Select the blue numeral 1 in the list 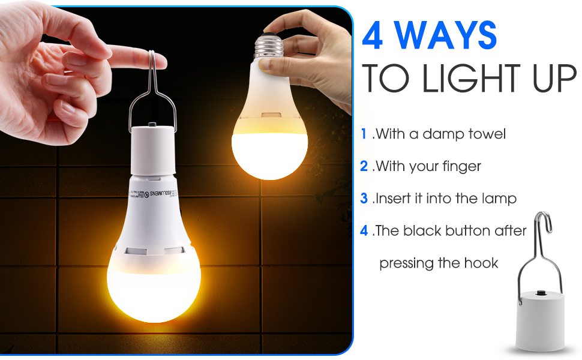[x=364, y=134]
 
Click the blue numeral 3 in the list [x=364, y=198]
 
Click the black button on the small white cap [x=542, y=294]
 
